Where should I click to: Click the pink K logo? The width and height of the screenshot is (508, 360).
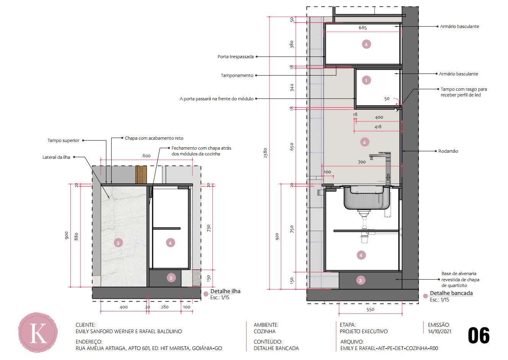(38, 332)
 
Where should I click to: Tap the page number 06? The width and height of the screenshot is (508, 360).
(479, 336)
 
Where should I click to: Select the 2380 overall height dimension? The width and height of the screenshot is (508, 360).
(265, 153)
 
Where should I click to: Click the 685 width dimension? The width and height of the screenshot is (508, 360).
(363, 28)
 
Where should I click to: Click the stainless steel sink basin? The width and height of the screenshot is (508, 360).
(367, 197)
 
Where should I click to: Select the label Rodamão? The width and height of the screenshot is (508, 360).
(448, 151)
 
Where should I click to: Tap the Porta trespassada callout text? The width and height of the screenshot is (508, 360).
(236, 57)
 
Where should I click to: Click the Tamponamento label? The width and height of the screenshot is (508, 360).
(237, 75)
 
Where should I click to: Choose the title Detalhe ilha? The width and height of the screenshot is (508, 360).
(225, 291)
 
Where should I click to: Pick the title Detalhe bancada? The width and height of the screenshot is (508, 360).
(451, 293)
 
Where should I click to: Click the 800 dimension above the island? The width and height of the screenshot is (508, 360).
(147, 156)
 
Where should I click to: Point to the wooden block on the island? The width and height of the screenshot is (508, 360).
(141, 174)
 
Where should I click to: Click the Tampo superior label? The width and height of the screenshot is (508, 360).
(63, 140)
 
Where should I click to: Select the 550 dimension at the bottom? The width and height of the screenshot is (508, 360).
(370, 310)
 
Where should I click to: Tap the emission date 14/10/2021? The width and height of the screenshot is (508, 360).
(440, 331)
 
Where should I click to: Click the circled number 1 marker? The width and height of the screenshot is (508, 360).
(366, 80)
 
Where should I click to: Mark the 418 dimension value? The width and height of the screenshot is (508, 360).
(378, 127)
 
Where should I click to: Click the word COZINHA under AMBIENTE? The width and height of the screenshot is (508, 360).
(264, 331)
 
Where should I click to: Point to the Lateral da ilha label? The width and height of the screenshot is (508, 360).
(56, 157)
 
